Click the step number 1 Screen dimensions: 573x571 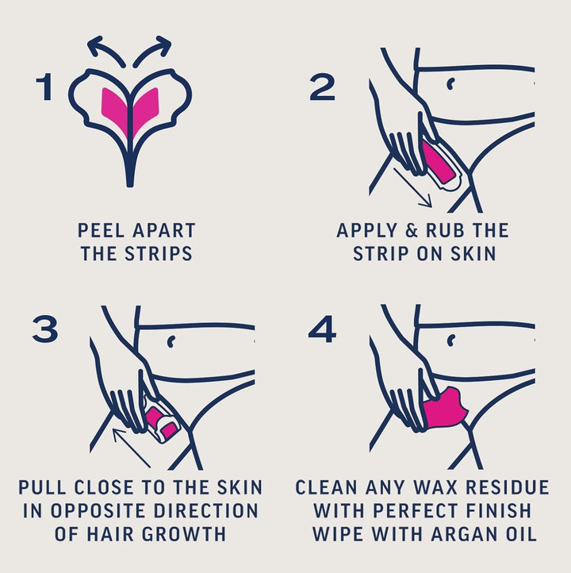point(43,88)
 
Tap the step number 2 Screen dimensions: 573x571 point(322,88)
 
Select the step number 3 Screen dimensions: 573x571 point(44,329)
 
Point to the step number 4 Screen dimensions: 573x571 point(322,329)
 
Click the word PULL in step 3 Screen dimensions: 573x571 point(47,487)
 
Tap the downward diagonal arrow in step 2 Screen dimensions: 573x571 point(412,187)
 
